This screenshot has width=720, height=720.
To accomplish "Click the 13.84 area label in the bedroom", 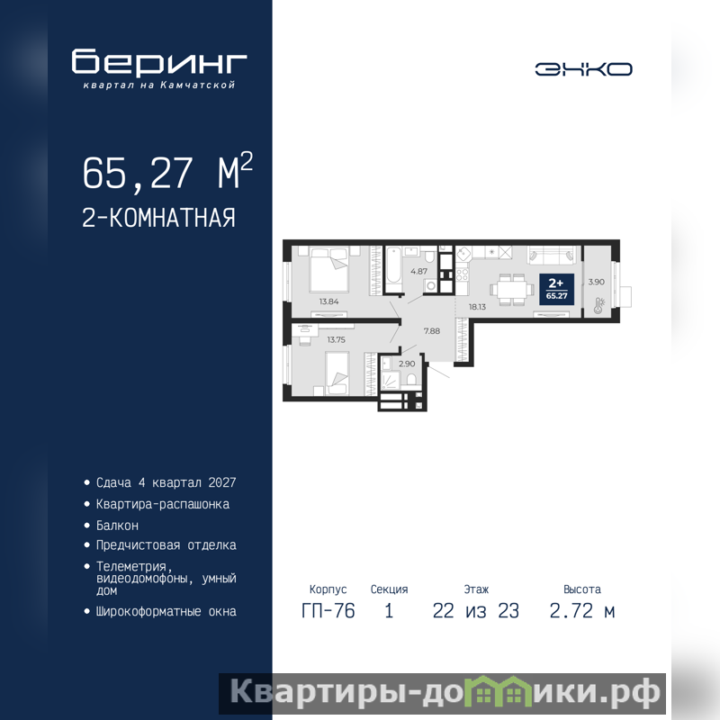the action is coord(328,301).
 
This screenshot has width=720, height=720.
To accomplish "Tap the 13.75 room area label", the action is coord(336,340).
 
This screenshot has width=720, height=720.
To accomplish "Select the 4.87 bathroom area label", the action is coord(418,272).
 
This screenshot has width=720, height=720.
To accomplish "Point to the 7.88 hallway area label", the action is coord(432,330).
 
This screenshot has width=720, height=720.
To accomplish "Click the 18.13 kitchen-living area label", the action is coord(477,307).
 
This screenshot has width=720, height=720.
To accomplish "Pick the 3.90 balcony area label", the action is coord(596,282).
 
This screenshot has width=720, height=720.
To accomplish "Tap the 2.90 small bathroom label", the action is coord(407,364).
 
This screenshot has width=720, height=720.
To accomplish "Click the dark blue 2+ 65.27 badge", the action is coord(556,289).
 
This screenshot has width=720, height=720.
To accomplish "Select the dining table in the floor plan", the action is coord(512,290).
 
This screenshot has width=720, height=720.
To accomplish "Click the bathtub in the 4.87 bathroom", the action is coord(394,269).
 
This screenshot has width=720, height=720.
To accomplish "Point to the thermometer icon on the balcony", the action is coord(598,305).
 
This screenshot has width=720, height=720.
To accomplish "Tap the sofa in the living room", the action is coord(552,255).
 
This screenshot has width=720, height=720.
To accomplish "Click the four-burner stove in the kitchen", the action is coord(462,274).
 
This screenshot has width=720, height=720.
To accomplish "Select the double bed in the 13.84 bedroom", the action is coord(328,269).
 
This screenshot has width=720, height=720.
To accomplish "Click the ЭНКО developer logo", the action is coord(583,69).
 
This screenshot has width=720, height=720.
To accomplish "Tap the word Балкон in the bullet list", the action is coord(117,526).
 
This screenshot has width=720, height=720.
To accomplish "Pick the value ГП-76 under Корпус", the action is coord(328,611).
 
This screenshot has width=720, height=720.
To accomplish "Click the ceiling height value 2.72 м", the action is coord(581,611).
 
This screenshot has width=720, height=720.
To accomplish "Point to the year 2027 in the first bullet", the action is coord(222,482).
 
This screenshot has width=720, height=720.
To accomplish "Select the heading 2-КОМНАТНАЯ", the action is coord(159,218).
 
